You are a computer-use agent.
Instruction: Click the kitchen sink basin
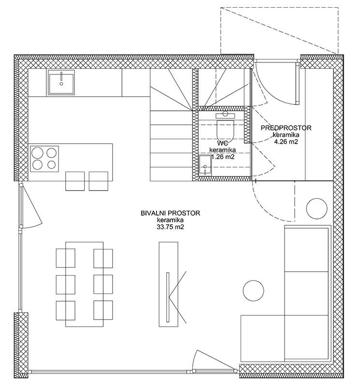click(x=61, y=82)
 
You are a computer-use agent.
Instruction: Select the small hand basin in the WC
click(x=205, y=165)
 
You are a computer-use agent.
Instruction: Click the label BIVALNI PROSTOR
click(x=170, y=213)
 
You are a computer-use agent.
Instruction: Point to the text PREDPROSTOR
click(x=286, y=128)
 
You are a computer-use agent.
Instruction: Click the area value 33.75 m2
click(x=170, y=227)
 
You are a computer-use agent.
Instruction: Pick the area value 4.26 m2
click(x=286, y=142)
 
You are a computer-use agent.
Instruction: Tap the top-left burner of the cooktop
click(x=38, y=153)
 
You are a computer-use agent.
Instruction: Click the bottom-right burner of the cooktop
click(x=51, y=165)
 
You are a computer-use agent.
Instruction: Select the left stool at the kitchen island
click(x=75, y=181)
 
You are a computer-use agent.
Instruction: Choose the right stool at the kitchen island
click(x=99, y=181)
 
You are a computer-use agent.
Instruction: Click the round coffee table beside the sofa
click(x=253, y=291)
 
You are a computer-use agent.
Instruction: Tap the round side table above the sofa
click(x=317, y=209)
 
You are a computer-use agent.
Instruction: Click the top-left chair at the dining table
click(x=65, y=258)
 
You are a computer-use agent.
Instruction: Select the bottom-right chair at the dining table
click(x=103, y=310)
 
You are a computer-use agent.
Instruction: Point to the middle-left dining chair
click(x=65, y=284)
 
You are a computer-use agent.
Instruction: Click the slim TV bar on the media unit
click(x=168, y=297)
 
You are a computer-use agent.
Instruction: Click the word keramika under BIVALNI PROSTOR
click(x=170, y=220)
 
